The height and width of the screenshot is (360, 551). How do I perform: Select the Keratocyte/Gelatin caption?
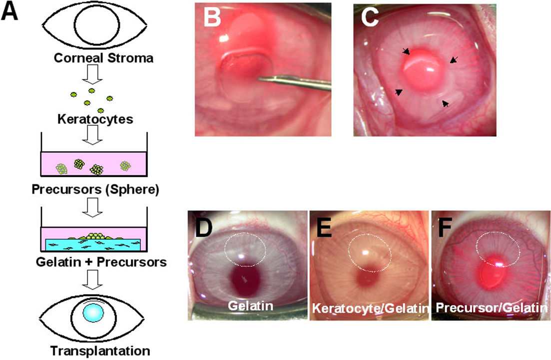[370, 309]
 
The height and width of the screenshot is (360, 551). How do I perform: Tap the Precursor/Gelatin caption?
[491, 308]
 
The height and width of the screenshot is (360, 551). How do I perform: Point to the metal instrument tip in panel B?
[262, 78]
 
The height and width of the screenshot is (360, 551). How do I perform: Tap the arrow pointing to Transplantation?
[93, 281]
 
